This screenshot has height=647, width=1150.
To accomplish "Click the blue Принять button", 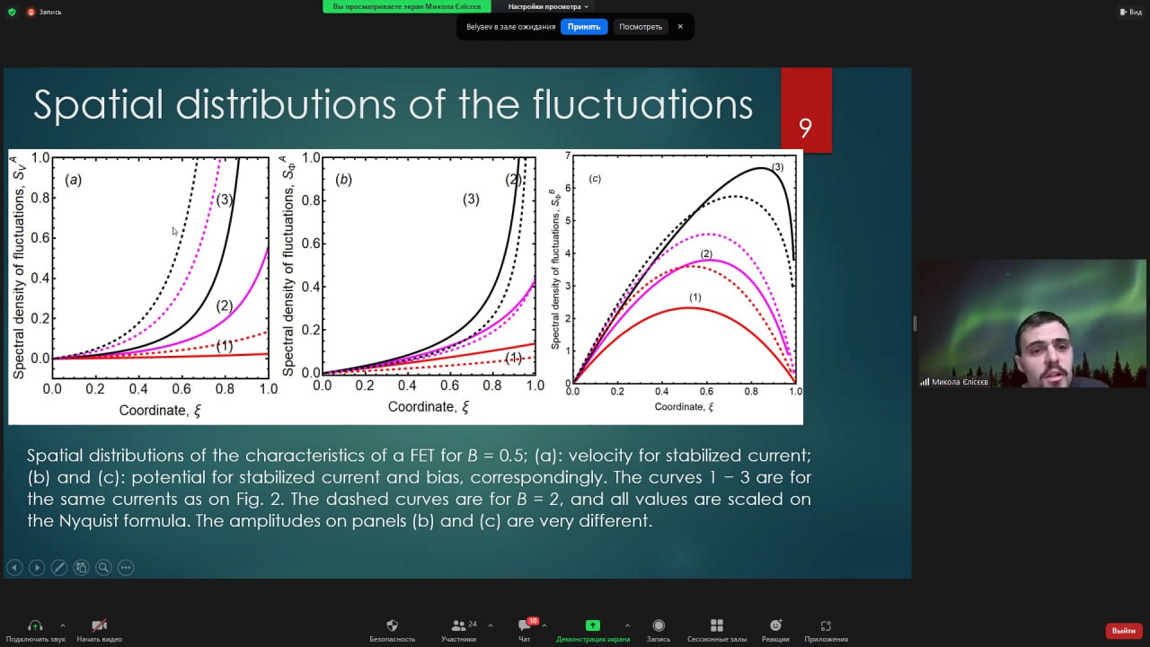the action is tap(584, 27).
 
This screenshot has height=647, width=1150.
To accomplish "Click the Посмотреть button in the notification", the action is tap(641, 27).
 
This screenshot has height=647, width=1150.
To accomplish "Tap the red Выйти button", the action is tap(1123, 631).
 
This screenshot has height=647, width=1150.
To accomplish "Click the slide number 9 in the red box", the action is tap(805, 128).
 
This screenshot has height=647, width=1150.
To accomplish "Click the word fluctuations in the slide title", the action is tap(642, 105).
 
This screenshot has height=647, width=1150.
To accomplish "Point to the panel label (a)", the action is tap(73, 180).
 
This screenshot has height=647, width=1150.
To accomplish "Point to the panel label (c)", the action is tap(595, 178).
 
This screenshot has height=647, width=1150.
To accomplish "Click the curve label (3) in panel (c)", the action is tap(777, 167).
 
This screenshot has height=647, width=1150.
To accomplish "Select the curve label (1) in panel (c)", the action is tap(694, 297).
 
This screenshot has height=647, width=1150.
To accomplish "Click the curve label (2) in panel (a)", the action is tap(225, 306).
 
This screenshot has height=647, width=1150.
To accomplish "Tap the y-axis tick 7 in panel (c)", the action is tap(568, 155).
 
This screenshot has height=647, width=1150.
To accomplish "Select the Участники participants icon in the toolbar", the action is tap(458, 625).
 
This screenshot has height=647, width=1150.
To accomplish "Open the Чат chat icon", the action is tap(524, 625).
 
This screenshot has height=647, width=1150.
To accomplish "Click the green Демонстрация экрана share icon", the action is tap(592, 625).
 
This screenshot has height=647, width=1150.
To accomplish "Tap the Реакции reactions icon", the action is tap(775, 625).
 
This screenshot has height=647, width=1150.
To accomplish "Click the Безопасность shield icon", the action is tap(393, 625).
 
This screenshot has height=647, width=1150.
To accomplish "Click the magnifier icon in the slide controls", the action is tap(103, 567).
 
